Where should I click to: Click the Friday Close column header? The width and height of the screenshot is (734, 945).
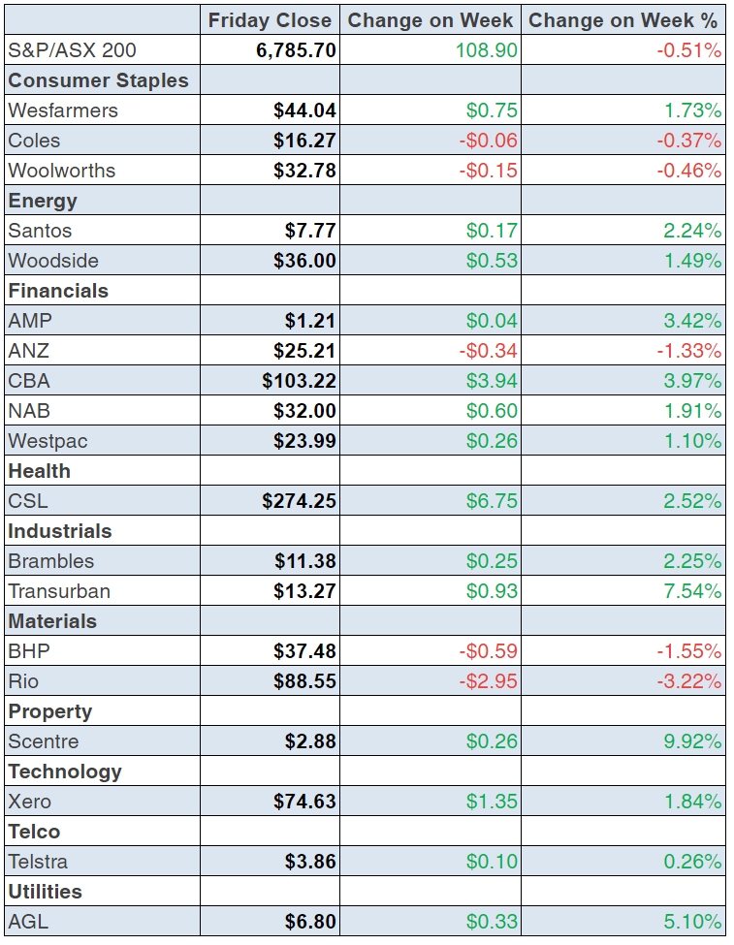(270, 20)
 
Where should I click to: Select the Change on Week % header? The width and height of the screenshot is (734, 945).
(623, 20)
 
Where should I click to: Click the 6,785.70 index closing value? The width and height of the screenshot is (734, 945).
(296, 50)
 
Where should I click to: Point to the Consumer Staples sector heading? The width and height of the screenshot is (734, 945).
(98, 80)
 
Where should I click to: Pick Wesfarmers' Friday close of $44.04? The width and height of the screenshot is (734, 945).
(304, 110)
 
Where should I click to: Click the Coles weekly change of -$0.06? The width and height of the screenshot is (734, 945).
(489, 141)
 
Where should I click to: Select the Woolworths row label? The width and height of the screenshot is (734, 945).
(61, 171)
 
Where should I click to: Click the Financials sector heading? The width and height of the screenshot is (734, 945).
(58, 291)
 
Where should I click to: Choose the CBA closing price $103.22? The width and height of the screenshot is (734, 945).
(299, 381)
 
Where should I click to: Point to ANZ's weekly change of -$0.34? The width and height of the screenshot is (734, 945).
(489, 351)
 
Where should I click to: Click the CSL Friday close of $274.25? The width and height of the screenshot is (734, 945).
(299, 501)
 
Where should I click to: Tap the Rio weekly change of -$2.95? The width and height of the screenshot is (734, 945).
(489, 681)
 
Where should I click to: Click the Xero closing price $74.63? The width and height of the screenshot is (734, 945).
(304, 802)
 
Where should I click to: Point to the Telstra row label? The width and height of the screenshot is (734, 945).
(38, 862)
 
